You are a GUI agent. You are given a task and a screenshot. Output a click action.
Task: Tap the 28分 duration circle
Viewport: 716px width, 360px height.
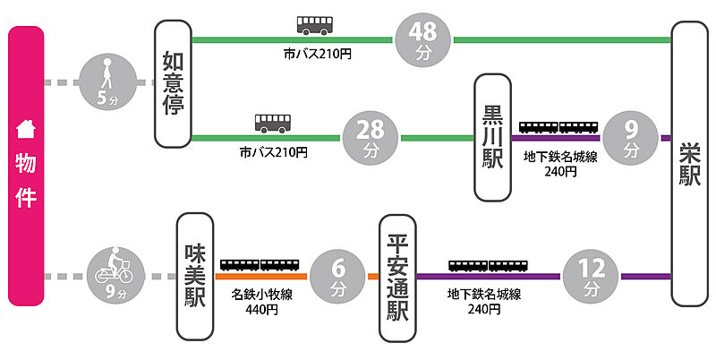click(x=371, y=139)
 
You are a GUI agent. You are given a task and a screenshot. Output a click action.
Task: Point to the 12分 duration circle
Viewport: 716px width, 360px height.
click(x=592, y=276)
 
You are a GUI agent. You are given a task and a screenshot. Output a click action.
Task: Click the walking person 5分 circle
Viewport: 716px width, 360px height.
click(x=107, y=83)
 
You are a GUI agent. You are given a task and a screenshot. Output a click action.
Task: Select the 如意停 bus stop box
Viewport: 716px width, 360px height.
click(x=174, y=84)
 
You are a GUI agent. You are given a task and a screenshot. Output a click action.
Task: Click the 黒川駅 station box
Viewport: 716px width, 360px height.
click(x=494, y=139)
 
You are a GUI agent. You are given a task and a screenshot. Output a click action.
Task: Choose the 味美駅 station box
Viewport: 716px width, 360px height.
click(x=195, y=276)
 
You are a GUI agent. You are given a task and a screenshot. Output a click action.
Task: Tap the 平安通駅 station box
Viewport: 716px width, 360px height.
click(x=396, y=278)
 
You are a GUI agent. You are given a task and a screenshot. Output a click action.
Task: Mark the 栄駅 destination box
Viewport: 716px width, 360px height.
click(x=690, y=166)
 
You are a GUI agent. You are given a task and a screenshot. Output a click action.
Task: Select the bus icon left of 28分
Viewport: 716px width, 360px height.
click(x=273, y=123)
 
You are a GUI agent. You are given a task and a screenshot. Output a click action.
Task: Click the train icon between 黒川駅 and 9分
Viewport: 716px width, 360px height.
click(x=559, y=126)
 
